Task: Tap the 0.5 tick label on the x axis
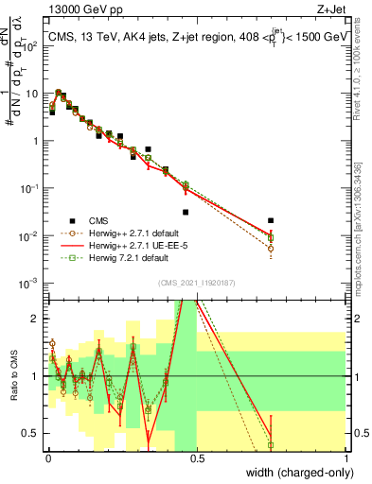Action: click(196, 458)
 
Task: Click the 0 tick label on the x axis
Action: click(47, 458)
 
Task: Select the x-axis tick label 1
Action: click(345, 458)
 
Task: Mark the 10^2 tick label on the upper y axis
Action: click(32, 46)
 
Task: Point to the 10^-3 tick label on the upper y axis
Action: click(32, 283)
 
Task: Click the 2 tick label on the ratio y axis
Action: click(38, 318)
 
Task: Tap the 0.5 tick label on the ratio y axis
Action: click(34, 433)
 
